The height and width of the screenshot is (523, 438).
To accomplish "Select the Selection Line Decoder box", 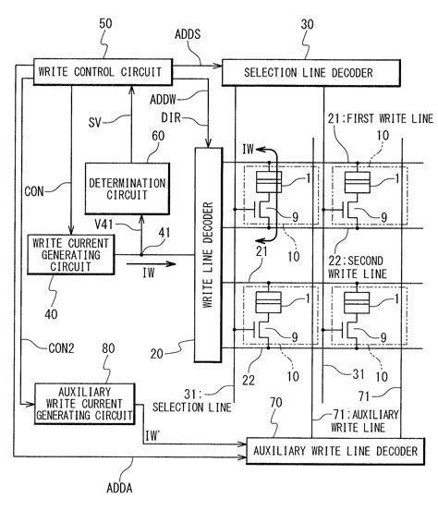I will [310, 71].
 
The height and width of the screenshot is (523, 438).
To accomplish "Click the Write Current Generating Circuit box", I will [69, 254].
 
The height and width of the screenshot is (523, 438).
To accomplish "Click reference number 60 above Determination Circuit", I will [159, 135].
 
